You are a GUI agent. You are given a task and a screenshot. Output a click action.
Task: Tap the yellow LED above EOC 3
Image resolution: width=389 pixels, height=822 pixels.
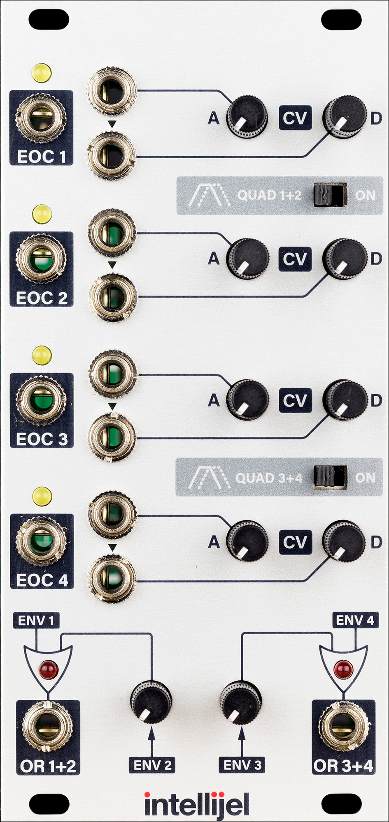point(42,355)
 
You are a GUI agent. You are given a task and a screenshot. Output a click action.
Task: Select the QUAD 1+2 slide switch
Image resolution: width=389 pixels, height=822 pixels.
point(330,194)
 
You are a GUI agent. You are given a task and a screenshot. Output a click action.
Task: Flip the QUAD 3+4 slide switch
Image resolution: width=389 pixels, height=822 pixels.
point(330,477)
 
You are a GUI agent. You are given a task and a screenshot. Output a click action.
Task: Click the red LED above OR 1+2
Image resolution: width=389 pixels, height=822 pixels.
point(48,669)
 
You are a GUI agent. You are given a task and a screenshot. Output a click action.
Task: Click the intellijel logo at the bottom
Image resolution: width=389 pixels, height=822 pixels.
point(196,804)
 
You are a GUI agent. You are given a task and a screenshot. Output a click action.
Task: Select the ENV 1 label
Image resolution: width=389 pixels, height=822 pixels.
point(36,620)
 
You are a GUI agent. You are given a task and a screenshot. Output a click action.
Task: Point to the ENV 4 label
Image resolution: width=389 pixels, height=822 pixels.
point(355,620)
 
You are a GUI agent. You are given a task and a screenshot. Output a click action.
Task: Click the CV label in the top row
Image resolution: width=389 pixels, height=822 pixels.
point(295,118)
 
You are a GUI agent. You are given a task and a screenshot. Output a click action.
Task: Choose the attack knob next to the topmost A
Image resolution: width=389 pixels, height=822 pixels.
point(247,117)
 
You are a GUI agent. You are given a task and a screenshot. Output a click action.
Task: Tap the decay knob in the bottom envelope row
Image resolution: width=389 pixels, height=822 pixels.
point(344,541)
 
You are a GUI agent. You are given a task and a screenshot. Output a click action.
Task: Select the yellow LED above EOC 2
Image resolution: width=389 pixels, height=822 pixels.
point(42,214)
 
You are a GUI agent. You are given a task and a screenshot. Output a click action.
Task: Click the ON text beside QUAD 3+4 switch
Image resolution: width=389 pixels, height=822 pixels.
point(365,478)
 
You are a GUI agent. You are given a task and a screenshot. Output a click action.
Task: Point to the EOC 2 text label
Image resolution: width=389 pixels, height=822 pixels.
point(41,298)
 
